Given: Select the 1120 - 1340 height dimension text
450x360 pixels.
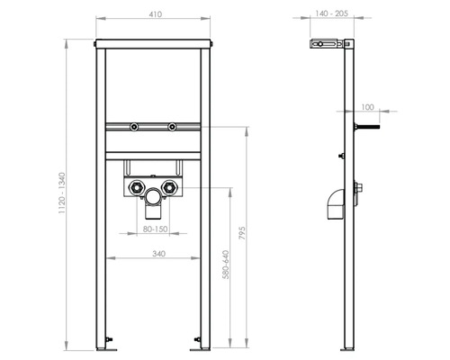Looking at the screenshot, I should pyautogui.click(x=61, y=193).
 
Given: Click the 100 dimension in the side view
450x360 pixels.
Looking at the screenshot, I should pyautogui.click(x=366, y=105).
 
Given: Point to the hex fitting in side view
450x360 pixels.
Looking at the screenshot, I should pyautogui.click(x=360, y=189).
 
